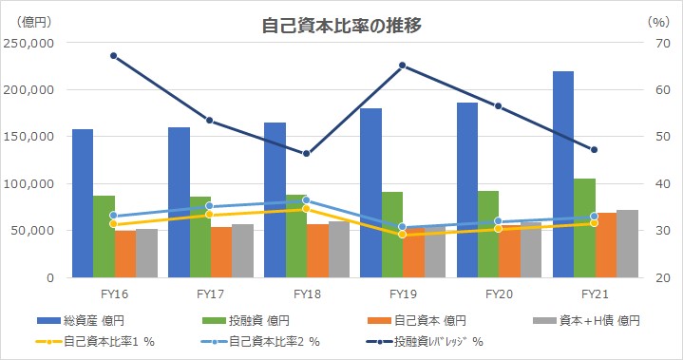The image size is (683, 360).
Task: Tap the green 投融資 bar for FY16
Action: click(104, 237)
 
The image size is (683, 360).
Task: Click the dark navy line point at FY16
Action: click(113, 56)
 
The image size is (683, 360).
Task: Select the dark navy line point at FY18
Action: click(306, 154)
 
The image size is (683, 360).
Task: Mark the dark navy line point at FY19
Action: click(402, 66)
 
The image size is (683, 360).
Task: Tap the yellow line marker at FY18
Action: click(306, 208)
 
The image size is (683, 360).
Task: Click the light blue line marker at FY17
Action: click(209, 206)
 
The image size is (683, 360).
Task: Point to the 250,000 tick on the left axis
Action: click(30, 43)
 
